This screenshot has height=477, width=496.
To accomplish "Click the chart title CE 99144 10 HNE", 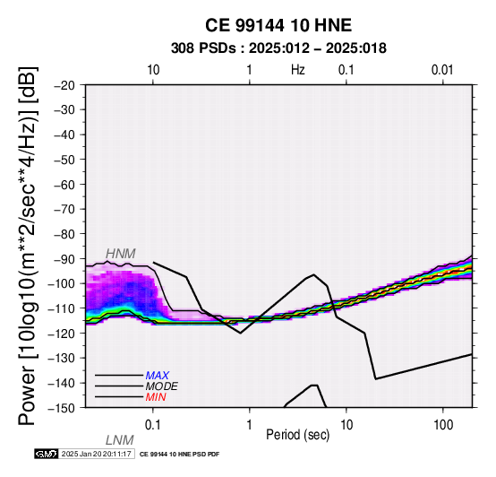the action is (278, 25).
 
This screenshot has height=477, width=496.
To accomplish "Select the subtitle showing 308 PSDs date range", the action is (278, 48).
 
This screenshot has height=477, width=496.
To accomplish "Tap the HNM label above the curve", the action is (121, 254).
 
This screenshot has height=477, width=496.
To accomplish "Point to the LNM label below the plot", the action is (120, 440).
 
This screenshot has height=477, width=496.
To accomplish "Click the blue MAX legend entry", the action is (157, 376).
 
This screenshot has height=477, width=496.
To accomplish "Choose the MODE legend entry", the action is (161, 386).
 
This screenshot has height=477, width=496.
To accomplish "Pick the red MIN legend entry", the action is (156, 397).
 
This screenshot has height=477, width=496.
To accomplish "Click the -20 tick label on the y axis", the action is (64, 85).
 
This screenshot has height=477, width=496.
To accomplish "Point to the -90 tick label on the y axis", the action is (64, 259).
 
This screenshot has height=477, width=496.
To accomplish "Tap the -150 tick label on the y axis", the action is (61, 408).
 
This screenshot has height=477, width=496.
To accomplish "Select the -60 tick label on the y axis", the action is (64, 185).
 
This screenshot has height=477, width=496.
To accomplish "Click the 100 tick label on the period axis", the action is (443, 425).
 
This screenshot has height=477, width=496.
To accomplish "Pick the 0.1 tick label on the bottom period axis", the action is (153, 425).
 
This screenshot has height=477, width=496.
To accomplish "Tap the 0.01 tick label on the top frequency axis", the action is (442, 70).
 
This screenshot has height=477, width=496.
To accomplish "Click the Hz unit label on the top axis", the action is (298, 70).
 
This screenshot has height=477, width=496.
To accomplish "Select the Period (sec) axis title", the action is (297, 435).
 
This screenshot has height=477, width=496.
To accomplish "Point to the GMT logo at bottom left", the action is (47, 454).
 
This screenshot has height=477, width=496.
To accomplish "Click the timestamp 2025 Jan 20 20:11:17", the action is (97, 454).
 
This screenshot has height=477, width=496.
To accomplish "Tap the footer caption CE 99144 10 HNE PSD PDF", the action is (179, 455).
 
